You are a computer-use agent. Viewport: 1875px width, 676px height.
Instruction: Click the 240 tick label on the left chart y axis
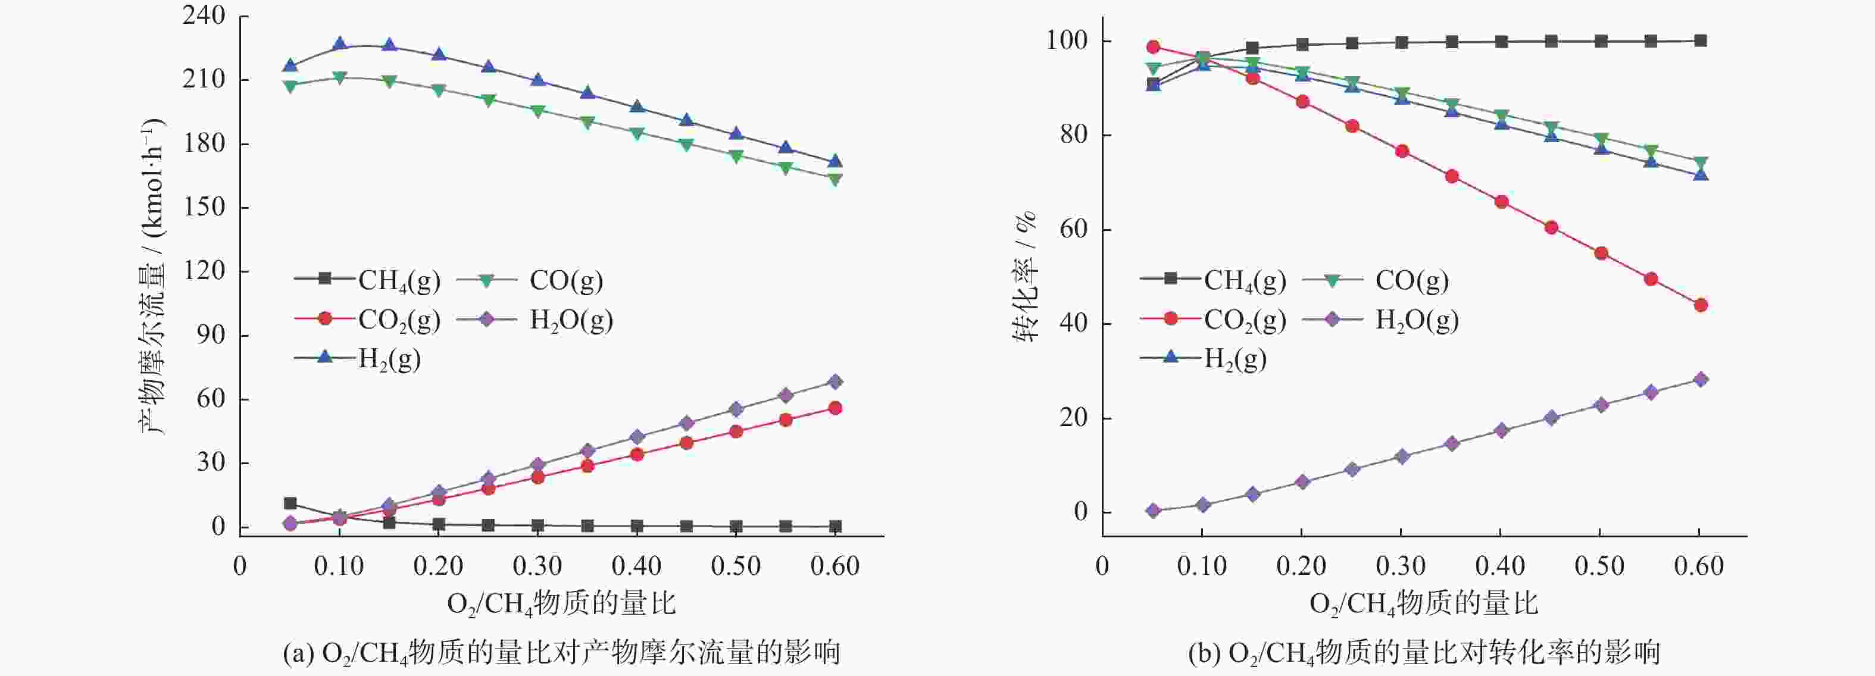[x=203, y=16]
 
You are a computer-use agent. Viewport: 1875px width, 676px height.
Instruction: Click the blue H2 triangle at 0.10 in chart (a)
[x=339, y=45]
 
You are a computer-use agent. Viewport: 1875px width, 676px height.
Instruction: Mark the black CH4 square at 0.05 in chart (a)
[x=290, y=503]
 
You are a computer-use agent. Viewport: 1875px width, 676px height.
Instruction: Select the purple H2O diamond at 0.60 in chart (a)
[x=835, y=382]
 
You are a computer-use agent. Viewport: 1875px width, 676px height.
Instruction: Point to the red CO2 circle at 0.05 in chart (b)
[x=1153, y=47]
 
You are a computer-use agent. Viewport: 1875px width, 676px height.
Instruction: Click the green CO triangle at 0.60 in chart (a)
[x=835, y=179]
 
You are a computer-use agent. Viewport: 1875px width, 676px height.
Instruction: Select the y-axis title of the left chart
[x=153, y=277]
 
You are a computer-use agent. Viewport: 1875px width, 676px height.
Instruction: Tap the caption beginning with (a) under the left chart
[x=561, y=653]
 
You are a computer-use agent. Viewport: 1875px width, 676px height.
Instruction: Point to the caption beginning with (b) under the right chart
[x=1424, y=653]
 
